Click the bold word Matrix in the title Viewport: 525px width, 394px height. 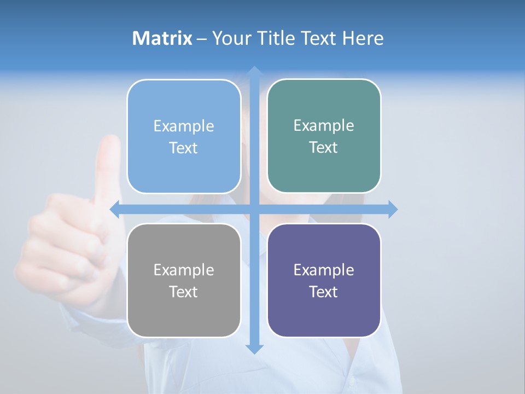click(x=162, y=38)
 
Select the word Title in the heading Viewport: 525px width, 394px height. click(x=275, y=38)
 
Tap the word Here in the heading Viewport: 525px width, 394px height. click(x=363, y=38)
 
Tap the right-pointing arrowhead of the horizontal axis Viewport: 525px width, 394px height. click(x=393, y=209)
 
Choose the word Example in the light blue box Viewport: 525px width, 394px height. click(x=183, y=126)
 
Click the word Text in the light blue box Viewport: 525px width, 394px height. click(x=183, y=148)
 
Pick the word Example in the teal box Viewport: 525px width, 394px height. click(x=323, y=125)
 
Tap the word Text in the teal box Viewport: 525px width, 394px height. click(x=323, y=147)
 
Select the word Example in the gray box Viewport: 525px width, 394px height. click(x=183, y=270)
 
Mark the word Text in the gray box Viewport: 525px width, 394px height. click(x=183, y=292)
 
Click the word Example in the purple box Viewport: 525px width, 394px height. click(x=323, y=270)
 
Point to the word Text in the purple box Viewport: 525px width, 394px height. click(x=323, y=292)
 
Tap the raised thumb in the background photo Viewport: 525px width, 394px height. click(x=108, y=164)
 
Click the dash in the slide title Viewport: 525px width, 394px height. click(x=202, y=39)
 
